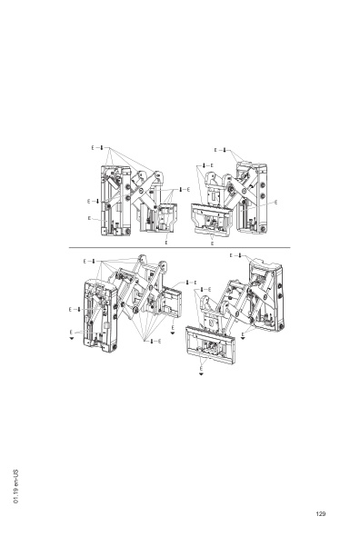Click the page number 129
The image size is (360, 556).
321,514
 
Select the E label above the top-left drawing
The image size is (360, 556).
93,145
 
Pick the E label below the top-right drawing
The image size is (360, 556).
212,244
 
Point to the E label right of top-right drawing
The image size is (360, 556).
276,200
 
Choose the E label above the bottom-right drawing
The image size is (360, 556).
231,255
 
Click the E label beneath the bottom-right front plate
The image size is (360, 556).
201,365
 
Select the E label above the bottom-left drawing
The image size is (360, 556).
85,261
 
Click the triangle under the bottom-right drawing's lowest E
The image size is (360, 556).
201,372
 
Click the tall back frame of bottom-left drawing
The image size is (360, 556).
101,313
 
